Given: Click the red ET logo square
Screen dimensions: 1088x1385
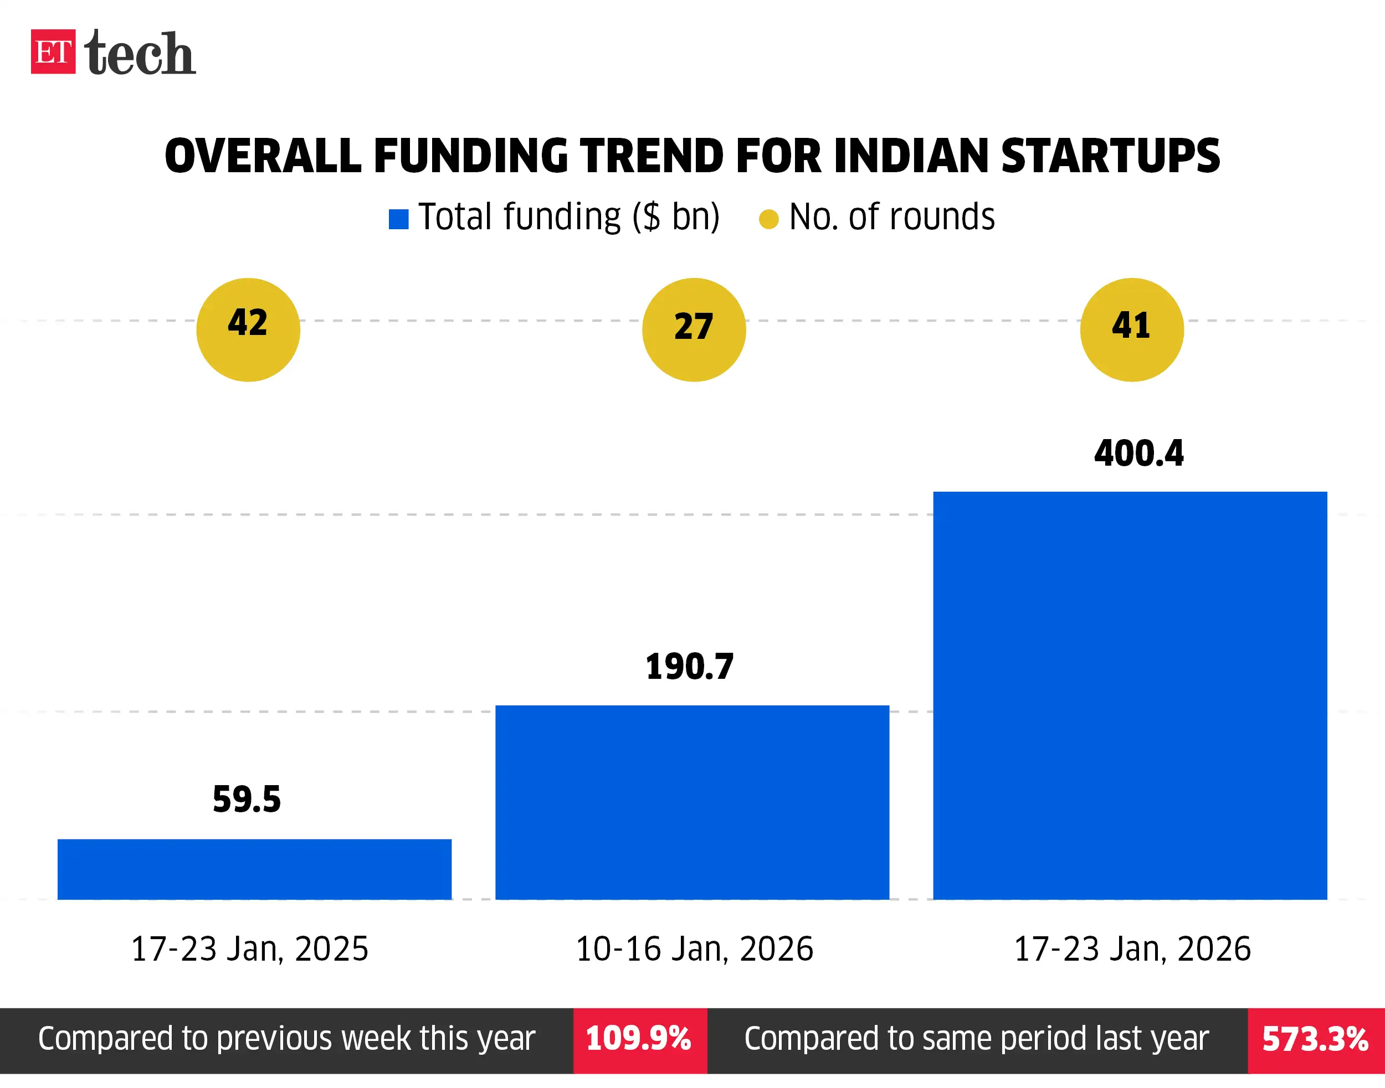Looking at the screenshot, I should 53,51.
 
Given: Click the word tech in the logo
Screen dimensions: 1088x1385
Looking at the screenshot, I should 140,54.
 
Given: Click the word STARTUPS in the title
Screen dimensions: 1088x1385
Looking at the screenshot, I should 1110,156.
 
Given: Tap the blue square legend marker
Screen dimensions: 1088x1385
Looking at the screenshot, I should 398,219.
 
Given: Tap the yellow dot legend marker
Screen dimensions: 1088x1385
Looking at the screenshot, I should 768,219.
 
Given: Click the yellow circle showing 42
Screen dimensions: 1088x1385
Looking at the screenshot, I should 248,330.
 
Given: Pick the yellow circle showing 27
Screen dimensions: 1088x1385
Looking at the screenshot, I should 694,330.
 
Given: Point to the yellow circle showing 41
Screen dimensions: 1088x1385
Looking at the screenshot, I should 1131,330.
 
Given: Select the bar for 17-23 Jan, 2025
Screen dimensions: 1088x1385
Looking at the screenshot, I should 254,869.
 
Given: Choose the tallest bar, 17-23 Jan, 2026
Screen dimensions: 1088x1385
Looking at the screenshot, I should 1130,695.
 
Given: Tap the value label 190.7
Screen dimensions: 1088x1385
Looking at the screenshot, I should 690,667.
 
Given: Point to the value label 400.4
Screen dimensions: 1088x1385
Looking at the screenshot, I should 1138,453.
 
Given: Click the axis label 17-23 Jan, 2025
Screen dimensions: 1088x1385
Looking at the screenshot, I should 249,948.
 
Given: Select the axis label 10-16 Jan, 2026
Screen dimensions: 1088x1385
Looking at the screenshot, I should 694,948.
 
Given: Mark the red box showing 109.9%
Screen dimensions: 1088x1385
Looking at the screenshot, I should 639,1039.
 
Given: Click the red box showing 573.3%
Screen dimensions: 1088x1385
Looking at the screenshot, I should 1316,1039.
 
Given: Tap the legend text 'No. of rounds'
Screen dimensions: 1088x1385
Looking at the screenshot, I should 891,217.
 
